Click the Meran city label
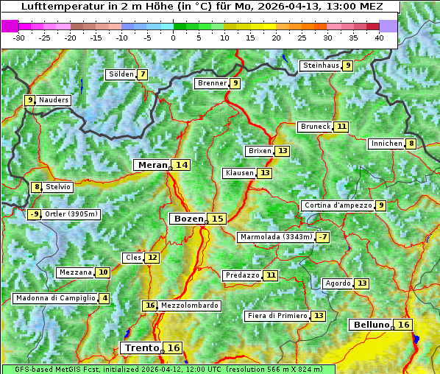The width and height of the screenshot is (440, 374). point(152,165)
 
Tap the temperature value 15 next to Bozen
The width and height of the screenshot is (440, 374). point(217,219)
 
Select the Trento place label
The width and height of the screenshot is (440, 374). point(141,347)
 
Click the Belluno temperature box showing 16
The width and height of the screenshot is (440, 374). point(403,325)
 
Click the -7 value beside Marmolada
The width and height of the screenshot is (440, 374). point(322,237)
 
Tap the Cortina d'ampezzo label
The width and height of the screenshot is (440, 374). point(337,205)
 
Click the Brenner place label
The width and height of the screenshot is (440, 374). point(212,83)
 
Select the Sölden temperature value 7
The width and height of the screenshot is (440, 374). point(142,74)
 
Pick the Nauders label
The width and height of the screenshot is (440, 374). point(53,100)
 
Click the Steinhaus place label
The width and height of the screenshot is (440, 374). point(320,66)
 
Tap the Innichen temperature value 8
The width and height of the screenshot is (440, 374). point(411,144)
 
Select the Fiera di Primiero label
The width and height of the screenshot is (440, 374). point(277,316)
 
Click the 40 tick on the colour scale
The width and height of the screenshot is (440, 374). point(379,38)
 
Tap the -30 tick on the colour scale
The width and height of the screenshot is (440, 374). point(19,38)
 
